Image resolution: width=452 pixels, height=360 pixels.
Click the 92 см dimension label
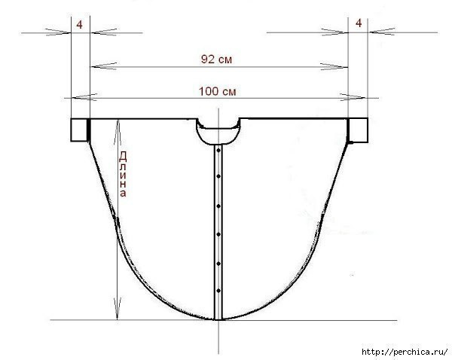216,59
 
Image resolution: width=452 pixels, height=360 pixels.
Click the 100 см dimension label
218,91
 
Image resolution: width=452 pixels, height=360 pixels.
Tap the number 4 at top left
80,25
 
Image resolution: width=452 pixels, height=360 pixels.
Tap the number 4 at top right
359,23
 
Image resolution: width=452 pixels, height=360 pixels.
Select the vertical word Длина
123,174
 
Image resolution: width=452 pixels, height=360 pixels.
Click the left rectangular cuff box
79,130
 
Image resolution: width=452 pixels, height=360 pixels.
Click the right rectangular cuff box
359,130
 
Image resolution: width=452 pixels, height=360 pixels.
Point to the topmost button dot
218,151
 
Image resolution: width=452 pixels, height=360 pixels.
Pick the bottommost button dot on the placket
218,291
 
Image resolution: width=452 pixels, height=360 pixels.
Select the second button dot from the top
218,176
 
